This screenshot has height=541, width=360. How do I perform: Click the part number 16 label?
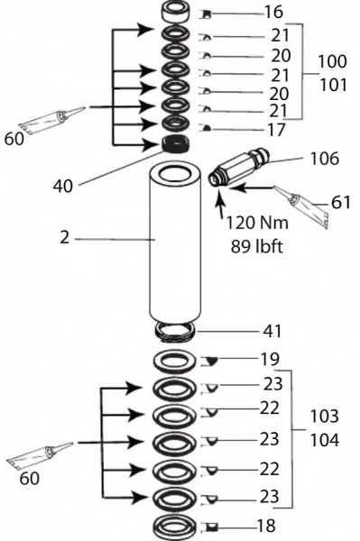point(273,12)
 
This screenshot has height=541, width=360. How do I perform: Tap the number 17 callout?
point(277,130)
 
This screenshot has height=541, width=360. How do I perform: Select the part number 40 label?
point(63,186)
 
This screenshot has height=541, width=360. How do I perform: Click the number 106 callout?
point(325,159)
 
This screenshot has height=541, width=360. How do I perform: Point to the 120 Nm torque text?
point(257,223)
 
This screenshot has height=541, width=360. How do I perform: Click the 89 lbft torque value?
point(256,246)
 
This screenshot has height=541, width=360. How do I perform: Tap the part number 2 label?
point(65,238)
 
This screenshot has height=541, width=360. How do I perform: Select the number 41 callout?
point(272,331)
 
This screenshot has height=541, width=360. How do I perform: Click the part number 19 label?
point(270,359)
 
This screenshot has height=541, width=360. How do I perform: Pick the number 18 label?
point(266,527)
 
